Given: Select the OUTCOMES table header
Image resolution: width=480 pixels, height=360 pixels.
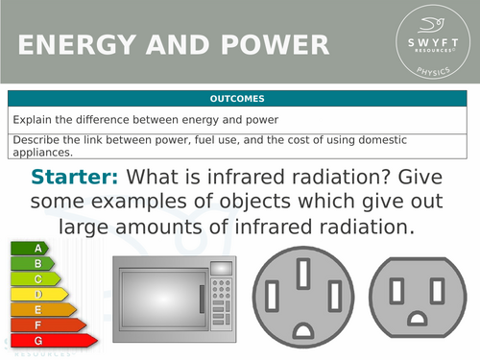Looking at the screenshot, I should [239, 99].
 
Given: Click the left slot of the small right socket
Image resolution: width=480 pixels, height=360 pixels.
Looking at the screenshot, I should [397, 288].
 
